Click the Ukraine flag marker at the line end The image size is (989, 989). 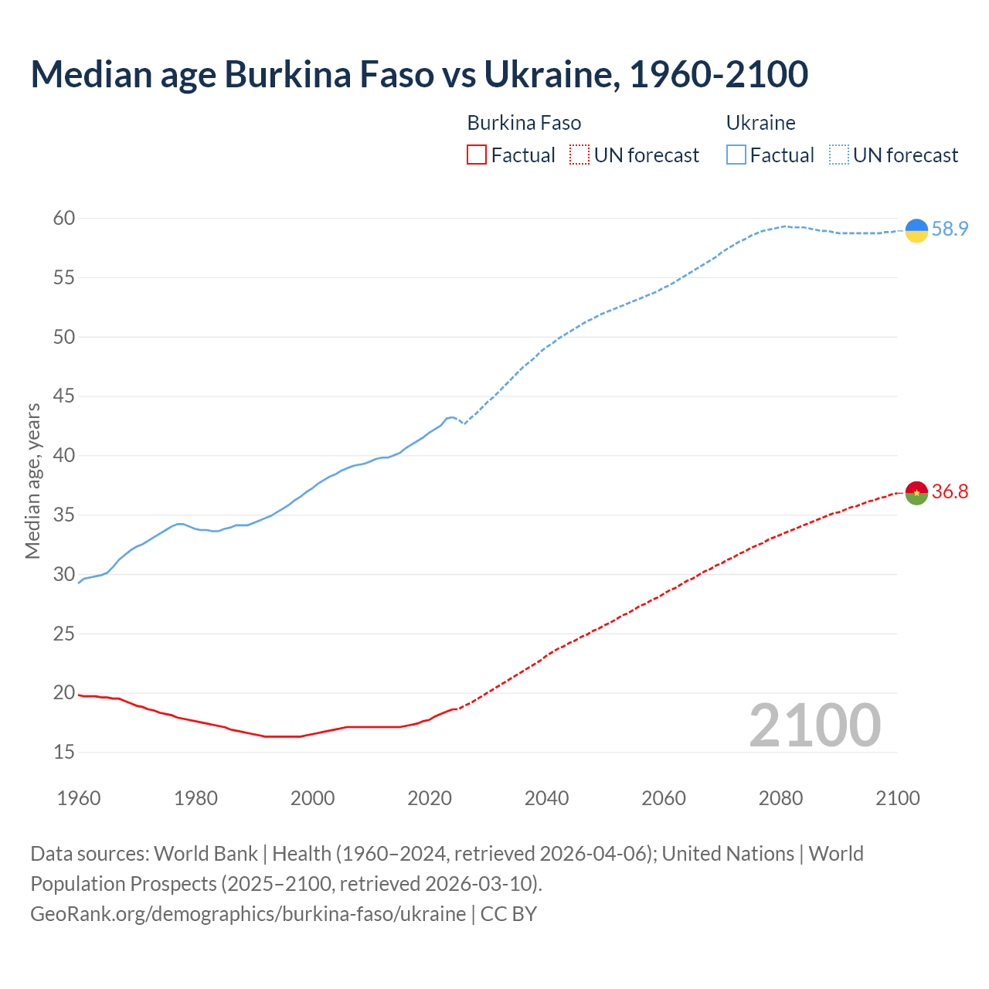[916, 230]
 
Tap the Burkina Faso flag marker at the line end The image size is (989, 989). [916, 493]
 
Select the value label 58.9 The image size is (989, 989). [950, 229]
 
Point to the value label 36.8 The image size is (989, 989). [950, 492]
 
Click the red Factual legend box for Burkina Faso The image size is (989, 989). [477, 155]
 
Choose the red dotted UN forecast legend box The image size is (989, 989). [579, 155]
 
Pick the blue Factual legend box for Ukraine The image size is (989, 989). [736, 155]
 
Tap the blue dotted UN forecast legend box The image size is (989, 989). [839, 155]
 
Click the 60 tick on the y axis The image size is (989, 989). [64, 219]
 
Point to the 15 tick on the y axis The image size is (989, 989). [64, 752]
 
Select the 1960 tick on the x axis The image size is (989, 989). [79, 798]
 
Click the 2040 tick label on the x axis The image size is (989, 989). [546, 798]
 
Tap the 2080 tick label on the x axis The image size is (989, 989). [780, 798]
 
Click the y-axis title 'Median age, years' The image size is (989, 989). [32, 481]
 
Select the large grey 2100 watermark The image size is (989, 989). [814, 726]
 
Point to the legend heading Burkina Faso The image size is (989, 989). [524, 124]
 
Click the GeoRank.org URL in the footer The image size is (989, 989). [248, 914]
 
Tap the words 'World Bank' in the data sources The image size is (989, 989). [206, 854]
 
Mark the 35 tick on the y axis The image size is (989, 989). [64, 515]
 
